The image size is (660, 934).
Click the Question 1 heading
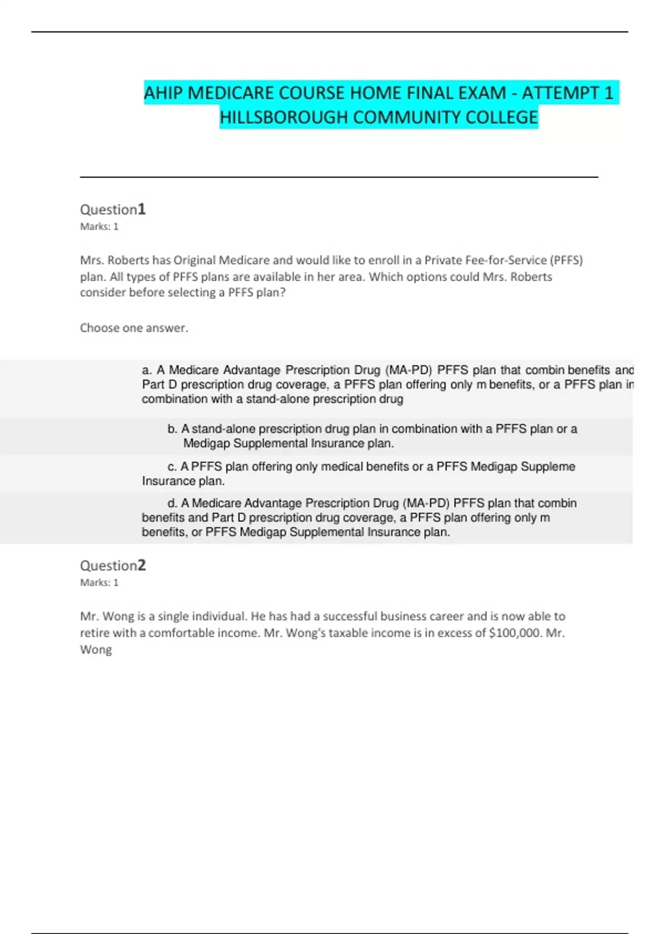coord(113,209)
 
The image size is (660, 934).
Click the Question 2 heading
coord(113,565)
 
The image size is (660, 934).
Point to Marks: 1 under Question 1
coord(99,226)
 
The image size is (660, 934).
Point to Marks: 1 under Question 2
coord(99,582)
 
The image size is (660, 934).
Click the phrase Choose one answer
coord(134,328)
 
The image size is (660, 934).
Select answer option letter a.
coord(146,370)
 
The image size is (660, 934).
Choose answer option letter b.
coord(172,429)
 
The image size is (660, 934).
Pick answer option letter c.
coord(172,467)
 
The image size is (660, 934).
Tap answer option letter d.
coord(172,503)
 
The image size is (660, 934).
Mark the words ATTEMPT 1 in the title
coord(567,93)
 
